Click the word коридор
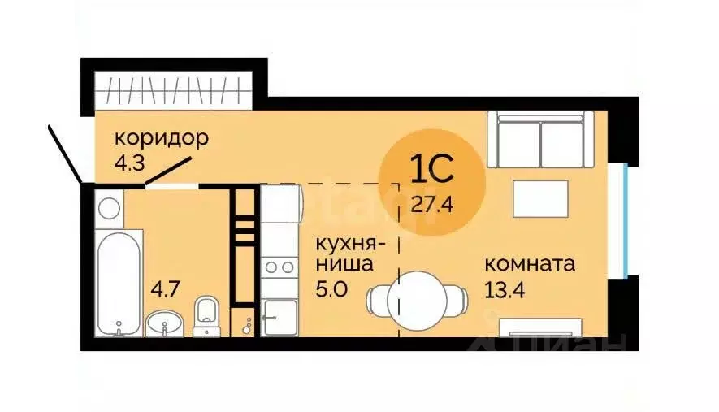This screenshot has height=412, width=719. coord(161,137)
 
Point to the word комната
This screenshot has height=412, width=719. coord(529,264)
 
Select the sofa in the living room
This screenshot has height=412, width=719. coord(539,139)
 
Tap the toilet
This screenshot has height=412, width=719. coord(207,315)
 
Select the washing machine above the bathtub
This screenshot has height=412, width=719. coord(108,207)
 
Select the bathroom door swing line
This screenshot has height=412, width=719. coord(170,172)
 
